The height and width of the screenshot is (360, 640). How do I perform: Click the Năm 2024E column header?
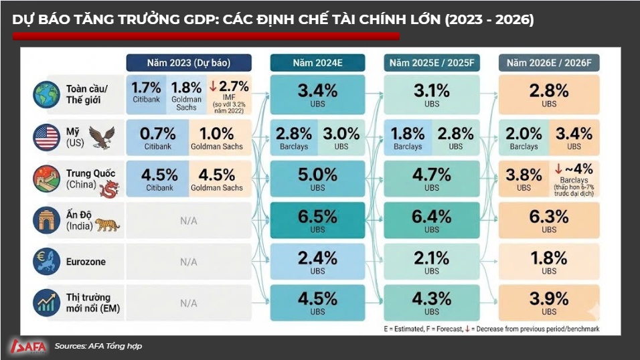pyautogui.click(x=318, y=63)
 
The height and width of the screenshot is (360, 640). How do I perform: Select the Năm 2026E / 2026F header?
pyautogui.click(x=549, y=63)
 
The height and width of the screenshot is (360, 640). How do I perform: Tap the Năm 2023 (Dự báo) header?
pyautogui.click(x=188, y=63)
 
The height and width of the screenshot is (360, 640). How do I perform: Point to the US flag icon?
pyautogui.click(x=47, y=137)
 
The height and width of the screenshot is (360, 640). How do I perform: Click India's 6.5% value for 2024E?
pyautogui.click(x=317, y=217)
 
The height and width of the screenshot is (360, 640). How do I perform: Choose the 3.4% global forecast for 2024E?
pyautogui.click(x=317, y=90)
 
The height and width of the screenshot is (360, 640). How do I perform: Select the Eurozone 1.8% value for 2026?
pyautogui.click(x=549, y=258)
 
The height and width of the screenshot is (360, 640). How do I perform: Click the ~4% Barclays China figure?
pyautogui.click(x=575, y=169)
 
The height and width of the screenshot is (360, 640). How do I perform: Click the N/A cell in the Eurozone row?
pyautogui.click(x=188, y=262)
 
